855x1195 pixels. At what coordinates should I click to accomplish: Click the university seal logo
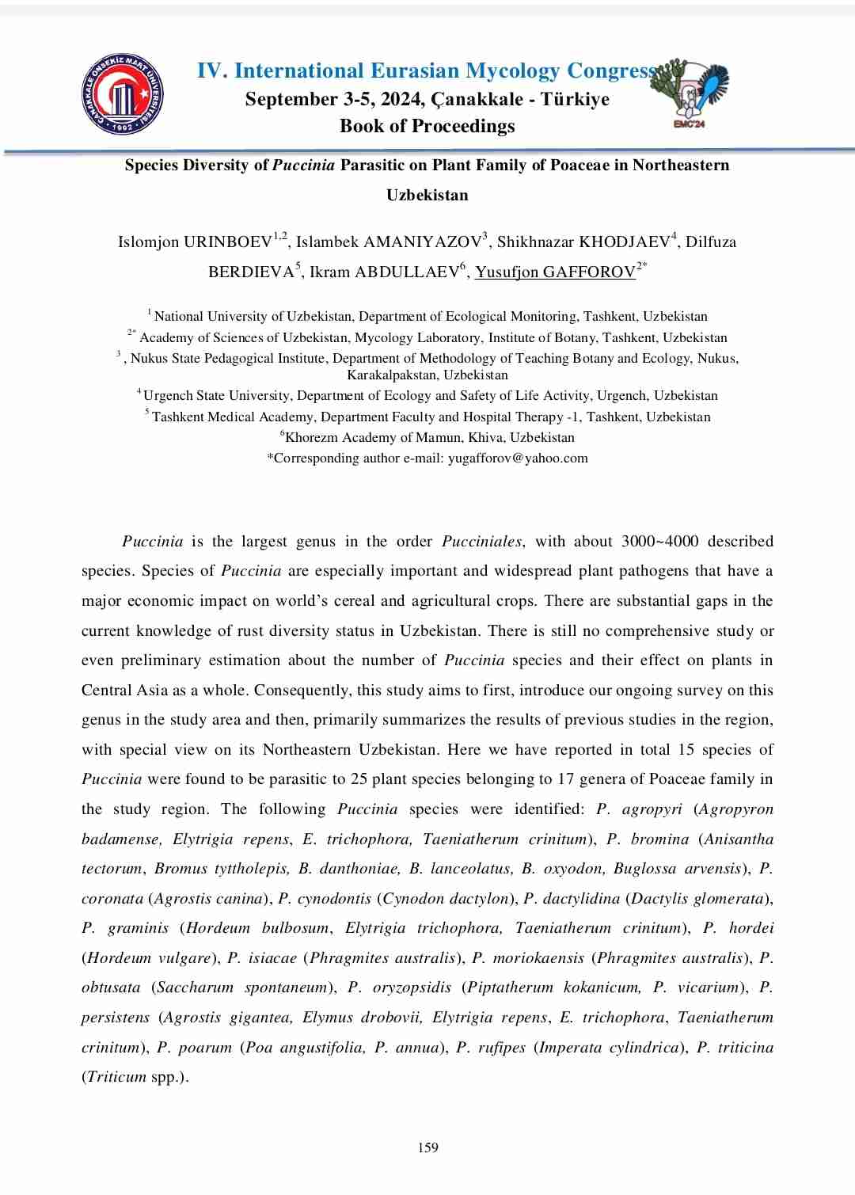(x=123, y=94)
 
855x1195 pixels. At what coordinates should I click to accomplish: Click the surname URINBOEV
(x=229, y=242)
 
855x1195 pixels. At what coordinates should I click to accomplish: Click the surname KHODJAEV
(x=625, y=242)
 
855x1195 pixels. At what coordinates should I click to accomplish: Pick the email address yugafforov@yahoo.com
(x=518, y=458)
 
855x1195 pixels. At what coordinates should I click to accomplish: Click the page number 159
(x=427, y=1147)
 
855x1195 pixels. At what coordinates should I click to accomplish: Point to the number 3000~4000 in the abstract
(x=659, y=542)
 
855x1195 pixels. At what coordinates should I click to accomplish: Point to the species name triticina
(x=745, y=1047)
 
